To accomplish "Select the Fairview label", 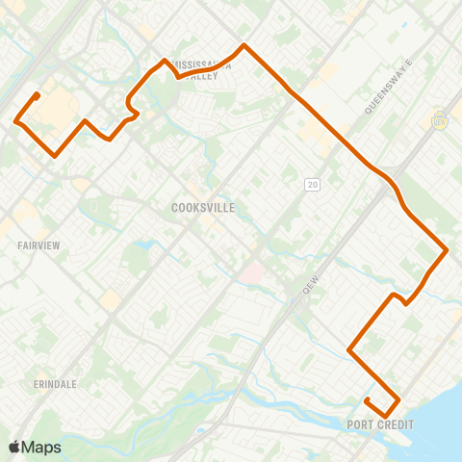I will coord(38,245).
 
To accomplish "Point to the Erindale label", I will coord(53,357).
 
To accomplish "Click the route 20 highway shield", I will coord(313,184).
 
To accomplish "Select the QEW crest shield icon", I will coord(441,120).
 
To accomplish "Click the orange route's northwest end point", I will coord(37,94).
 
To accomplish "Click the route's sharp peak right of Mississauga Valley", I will coord(244,44).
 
